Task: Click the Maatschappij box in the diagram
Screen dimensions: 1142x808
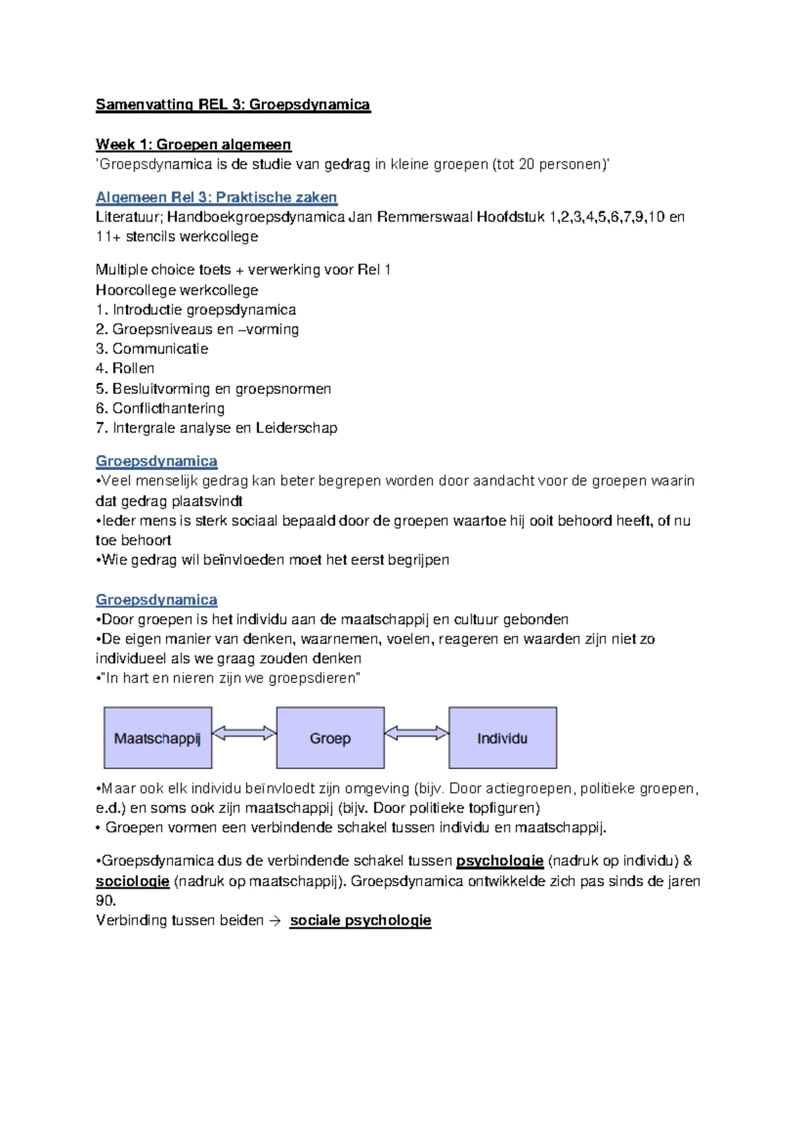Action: point(158,738)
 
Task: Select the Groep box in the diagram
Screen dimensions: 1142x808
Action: point(330,738)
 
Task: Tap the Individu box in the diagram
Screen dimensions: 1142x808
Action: point(502,738)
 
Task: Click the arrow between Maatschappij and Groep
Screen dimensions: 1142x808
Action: point(244,733)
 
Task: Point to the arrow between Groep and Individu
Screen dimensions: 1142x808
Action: point(416,733)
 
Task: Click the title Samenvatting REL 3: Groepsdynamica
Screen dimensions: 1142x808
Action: point(233,104)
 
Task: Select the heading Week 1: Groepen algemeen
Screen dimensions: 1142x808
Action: point(193,144)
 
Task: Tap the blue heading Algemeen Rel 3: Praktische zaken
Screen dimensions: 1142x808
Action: point(216,197)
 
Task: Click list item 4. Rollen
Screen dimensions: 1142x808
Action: point(125,368)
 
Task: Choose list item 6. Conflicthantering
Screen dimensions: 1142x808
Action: point(160,408)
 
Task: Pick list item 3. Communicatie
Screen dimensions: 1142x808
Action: point(152,349)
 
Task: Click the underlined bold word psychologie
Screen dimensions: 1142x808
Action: point(500,861)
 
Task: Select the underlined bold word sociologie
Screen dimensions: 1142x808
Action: point(133,881)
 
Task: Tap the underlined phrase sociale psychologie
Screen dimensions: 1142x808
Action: point(360,920)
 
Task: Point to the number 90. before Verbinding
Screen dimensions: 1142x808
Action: point(106,900)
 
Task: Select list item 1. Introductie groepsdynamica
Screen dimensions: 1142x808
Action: point(196,310)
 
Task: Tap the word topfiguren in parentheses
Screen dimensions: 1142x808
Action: point(502,808)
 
